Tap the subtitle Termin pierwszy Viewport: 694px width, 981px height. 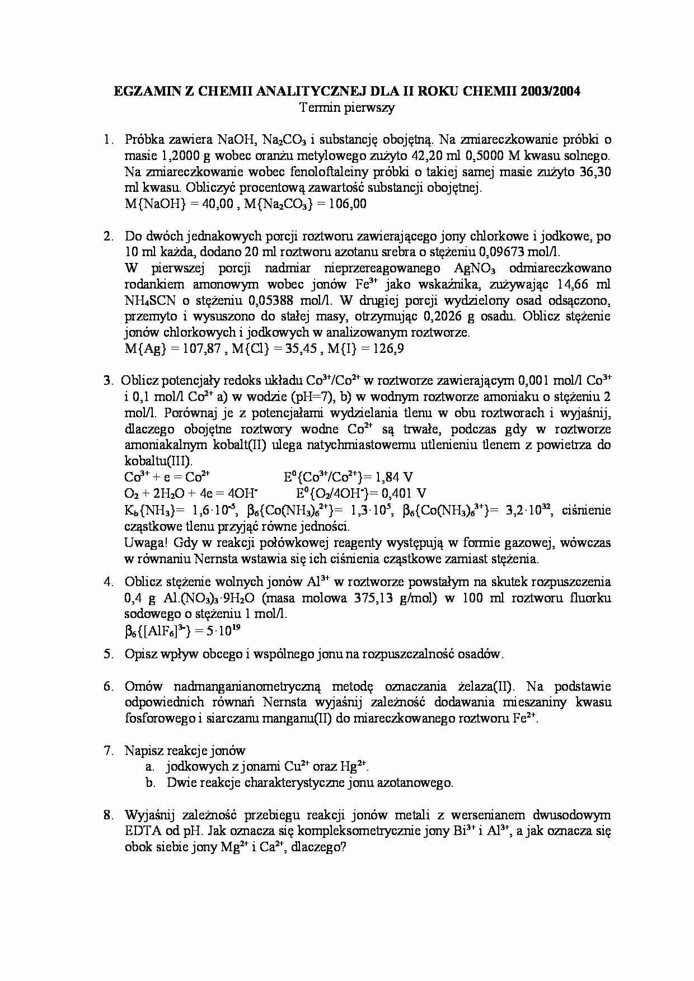[347, 107]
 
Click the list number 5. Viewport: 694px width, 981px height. [109, 654]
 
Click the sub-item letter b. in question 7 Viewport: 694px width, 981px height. [150, 783]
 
